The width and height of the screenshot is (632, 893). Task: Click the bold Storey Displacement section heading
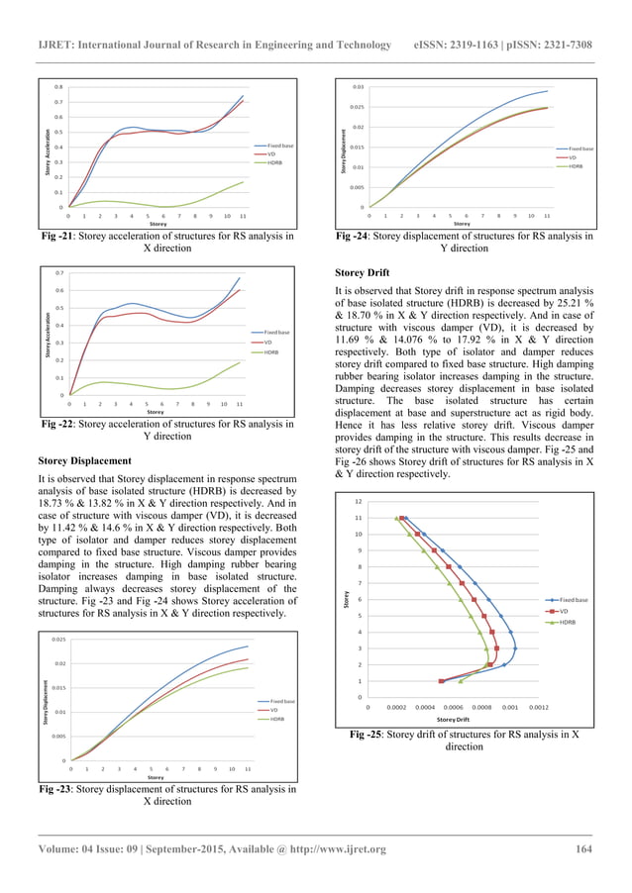click(83, 460)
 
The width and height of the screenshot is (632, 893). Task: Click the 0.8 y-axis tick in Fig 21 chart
click(58, 86)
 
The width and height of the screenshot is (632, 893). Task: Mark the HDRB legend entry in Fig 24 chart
click(576, 166)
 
